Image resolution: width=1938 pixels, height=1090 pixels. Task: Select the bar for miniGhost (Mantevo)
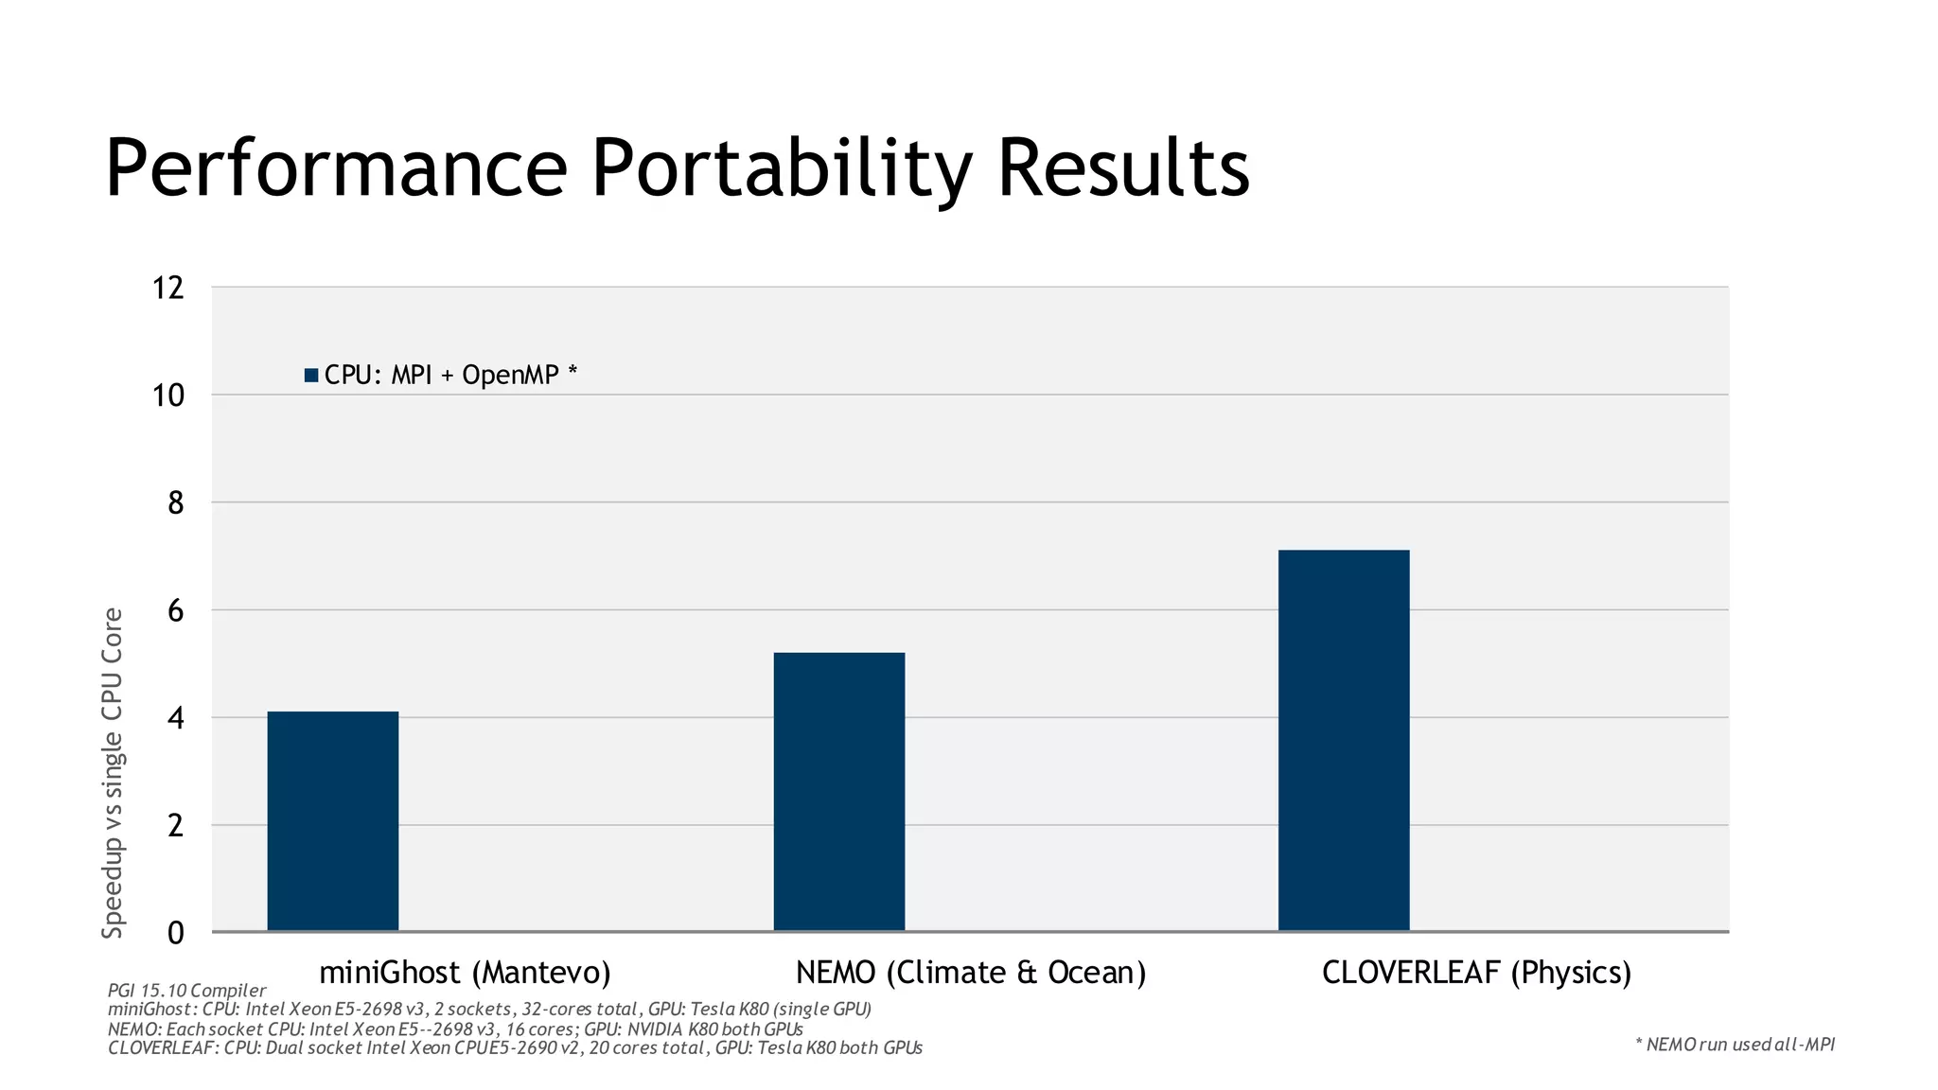(332, 821)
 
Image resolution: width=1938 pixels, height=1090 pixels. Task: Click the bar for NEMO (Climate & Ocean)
(838, 792)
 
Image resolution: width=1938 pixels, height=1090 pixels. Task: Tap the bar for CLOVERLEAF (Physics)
(1343, 741)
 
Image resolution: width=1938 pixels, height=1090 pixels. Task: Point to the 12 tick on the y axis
(168, 288)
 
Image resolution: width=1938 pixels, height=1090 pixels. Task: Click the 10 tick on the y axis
(168, 396)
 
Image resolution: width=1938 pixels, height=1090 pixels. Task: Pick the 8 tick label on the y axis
(175, 503)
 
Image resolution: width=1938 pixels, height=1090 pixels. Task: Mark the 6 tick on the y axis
(175, 611)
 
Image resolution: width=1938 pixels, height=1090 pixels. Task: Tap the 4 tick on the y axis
(175, 718)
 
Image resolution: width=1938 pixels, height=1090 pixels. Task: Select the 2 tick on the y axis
(175, 826)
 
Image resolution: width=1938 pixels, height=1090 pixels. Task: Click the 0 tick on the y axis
(175, 934)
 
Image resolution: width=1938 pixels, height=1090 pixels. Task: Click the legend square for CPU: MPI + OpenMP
(311, 376)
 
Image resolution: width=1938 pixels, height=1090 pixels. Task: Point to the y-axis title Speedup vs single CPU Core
(113, 773)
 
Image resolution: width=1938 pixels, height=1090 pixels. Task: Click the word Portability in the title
(781, 169)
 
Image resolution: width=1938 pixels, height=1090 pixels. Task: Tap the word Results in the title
(1123, 169)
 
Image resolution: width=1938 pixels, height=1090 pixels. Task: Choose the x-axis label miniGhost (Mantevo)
(465, 973)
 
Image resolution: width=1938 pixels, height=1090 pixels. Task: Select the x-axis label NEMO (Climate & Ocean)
(971, 973)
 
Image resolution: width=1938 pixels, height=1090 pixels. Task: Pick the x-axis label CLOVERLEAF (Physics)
(1476, 973)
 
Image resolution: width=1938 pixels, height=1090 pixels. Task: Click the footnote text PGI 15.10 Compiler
(186, 991)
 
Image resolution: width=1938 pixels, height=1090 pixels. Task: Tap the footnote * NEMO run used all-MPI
(1735, 1045)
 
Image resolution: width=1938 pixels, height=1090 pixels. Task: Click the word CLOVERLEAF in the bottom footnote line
(162, 1048)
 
